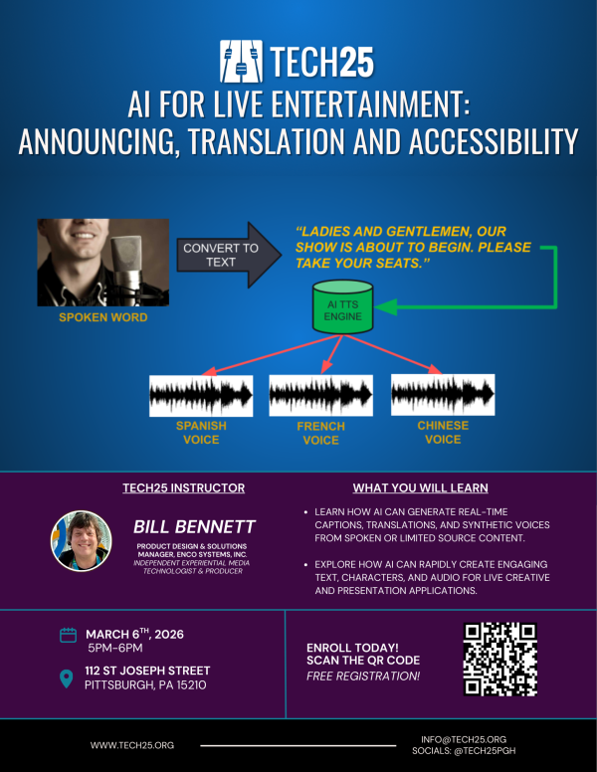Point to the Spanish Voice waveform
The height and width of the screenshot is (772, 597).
coord(201,395)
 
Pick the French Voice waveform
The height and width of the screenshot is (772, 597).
coord(320,395)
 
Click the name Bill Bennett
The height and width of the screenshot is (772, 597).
coord(194,526)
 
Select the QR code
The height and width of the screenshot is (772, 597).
coord(500,659)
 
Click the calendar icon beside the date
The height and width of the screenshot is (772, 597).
coord(69,635)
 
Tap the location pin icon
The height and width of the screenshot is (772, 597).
coord(68,679)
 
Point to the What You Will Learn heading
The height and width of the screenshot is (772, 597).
coord(420,488)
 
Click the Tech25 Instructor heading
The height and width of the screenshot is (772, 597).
coord(183,488)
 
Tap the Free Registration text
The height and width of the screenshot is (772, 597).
coord(363,676)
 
